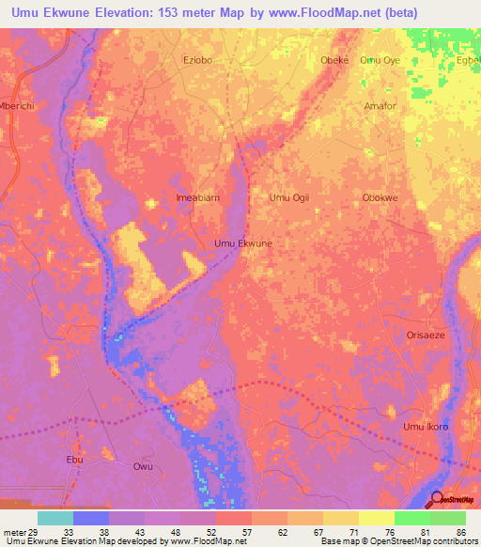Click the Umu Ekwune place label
243,243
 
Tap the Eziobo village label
199,60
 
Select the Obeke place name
334,60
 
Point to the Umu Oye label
380,60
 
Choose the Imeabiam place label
197,197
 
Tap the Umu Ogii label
289,197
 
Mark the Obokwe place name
380,197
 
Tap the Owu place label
143,466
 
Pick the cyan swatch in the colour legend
55,518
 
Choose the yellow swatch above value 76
376,518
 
